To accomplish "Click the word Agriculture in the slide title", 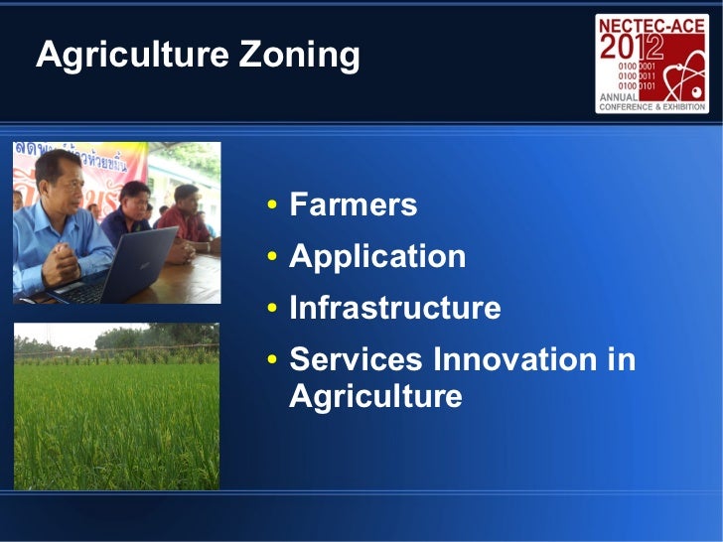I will click(119, 57).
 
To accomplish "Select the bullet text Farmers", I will click(353, 205).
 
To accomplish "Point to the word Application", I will click(376, 257).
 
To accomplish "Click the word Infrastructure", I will click(394, 309).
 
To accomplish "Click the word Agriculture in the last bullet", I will click(375, 397).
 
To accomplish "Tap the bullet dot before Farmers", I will click(271, 207).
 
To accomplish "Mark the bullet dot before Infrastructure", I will click(271, 311).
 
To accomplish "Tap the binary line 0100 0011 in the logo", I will click(636, 74).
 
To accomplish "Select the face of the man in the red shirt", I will click(186, 196).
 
